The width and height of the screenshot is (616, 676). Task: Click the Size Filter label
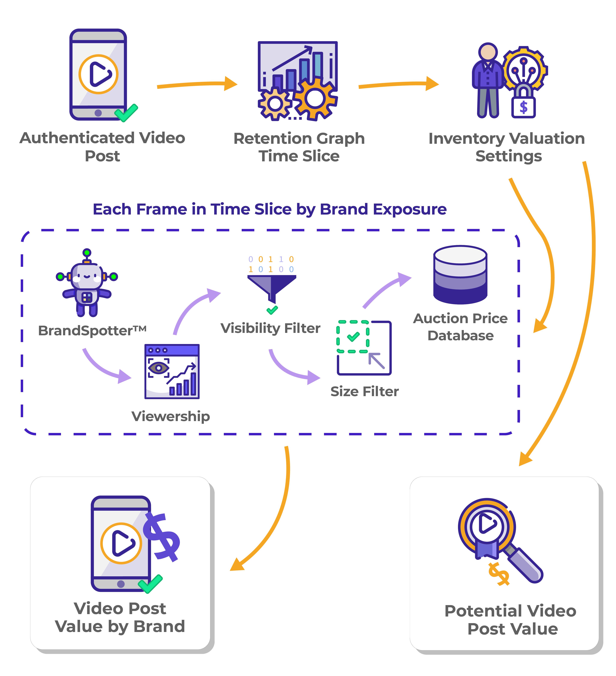(x=365, y=391)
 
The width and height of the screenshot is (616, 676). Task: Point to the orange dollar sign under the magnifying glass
(x=499, y=574)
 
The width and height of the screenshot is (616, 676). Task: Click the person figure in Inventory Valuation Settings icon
(x=488, y=81)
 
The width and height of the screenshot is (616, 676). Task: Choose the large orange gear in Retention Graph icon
(x=315, y=98)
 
